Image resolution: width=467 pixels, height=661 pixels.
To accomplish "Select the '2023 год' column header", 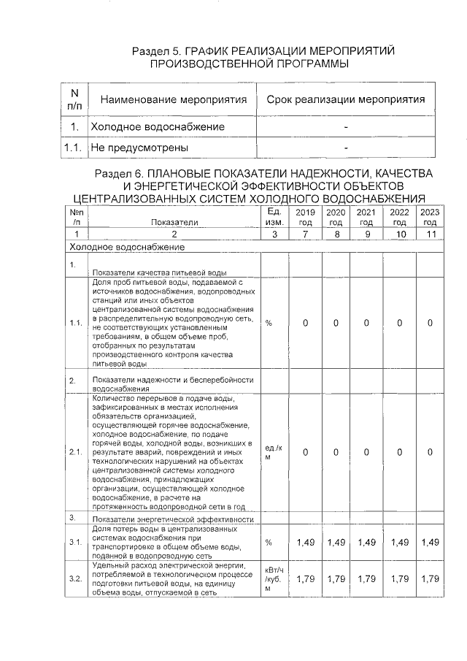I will click(x=430, y=217).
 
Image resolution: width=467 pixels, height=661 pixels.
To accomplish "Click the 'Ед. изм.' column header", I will click(x=274, y=216).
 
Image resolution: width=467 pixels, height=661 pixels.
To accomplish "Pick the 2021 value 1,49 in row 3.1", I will click(x=367, y=543).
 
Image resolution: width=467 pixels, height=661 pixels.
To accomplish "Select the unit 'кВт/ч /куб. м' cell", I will click(x=274, y=579).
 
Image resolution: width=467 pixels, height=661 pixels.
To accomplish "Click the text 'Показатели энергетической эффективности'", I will click(x=172, y=519).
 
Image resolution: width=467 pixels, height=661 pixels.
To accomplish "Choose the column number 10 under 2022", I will click(x=398, y=234).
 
